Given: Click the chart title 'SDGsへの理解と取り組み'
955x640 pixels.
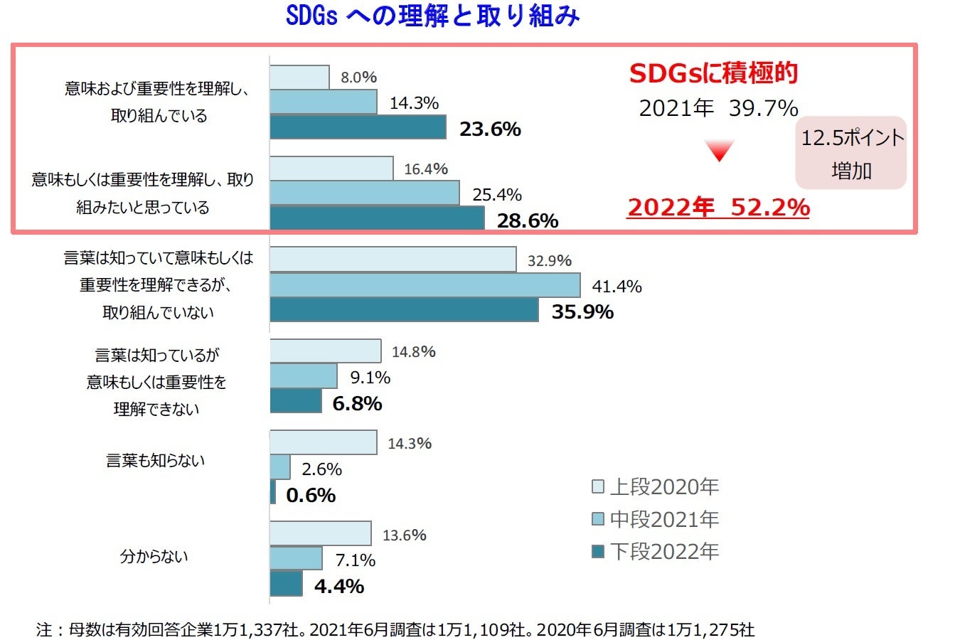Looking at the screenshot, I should coord(432,16).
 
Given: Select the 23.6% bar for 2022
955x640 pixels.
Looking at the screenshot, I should coord(358,127).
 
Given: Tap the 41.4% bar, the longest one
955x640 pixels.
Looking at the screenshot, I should coord(425,285).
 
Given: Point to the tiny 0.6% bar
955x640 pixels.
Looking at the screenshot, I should coord(273,492).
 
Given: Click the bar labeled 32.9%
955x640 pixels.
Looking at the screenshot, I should coord(393,260).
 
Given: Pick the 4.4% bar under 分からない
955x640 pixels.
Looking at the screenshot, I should coord(286,584).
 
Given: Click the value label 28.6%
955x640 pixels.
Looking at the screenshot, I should coord(527,220).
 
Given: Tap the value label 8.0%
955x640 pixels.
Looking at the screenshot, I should coord(358,77).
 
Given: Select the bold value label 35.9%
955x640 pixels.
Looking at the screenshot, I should coord(582,311).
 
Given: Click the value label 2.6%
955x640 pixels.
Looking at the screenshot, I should coord(321,469).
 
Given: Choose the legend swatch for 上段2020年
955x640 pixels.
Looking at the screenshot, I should coord(598,487).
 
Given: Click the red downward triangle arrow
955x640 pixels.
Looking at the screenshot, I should coord(719,151).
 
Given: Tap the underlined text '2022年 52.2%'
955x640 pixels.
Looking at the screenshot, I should coord(717,207).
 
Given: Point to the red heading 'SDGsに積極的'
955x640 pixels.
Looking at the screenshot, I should coord(713,73).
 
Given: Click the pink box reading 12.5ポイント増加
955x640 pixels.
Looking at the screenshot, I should coord(851,153).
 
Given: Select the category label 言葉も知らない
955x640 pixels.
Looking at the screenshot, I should coord(155,461).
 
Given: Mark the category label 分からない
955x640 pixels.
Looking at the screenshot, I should coord(154,557).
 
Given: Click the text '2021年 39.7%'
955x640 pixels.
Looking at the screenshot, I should coord(718,108).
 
